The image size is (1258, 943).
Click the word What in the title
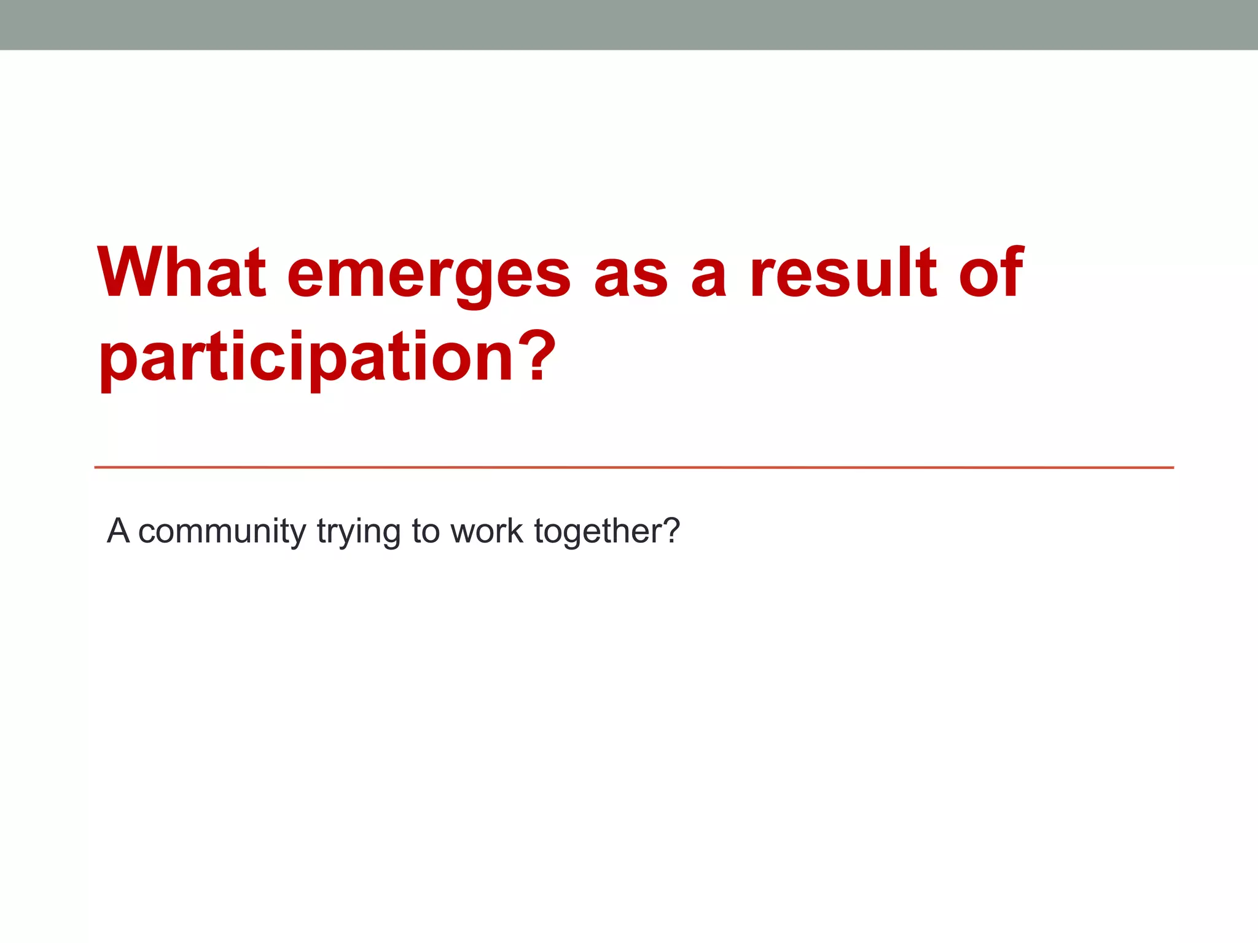click(182, 273)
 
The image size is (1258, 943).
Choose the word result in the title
click(843, 273)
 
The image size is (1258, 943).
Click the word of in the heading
click(991, 273)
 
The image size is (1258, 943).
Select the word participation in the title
click(306, 359)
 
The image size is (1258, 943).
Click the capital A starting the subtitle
click(118, 530)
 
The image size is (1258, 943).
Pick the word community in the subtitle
click(222, 532)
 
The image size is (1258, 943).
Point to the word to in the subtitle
click(425, 530)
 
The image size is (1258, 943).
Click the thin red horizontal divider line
click(633, 467)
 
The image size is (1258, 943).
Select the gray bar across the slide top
click(629, 25)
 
